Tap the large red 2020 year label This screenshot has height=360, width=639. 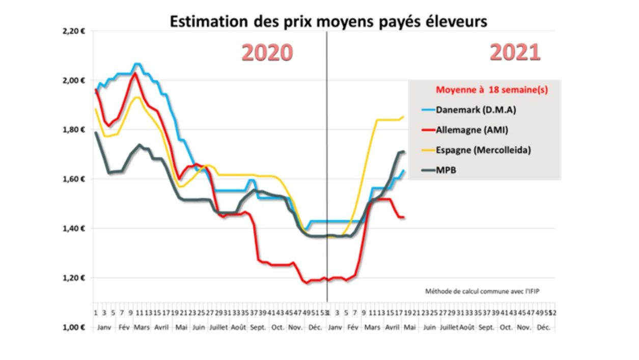point(267,52)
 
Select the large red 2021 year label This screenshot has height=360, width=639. point(515,52)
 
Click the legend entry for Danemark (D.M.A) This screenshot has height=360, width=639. point(472,110)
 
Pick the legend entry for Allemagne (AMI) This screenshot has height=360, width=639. point(472,130)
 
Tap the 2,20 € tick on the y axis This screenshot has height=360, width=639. point(73,31)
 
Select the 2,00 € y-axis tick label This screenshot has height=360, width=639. point(73,80)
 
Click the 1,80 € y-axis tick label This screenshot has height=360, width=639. point(73,130)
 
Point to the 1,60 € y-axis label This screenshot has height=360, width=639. point(73,179)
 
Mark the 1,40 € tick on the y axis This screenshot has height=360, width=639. point(73,229)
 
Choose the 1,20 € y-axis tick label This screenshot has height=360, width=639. point(73,278)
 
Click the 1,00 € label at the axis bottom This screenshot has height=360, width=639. point(73,327)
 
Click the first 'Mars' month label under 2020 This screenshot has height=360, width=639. point(142,327)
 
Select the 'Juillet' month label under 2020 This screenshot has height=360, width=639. point(219,327)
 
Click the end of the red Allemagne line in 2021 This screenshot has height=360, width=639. point(404,217)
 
